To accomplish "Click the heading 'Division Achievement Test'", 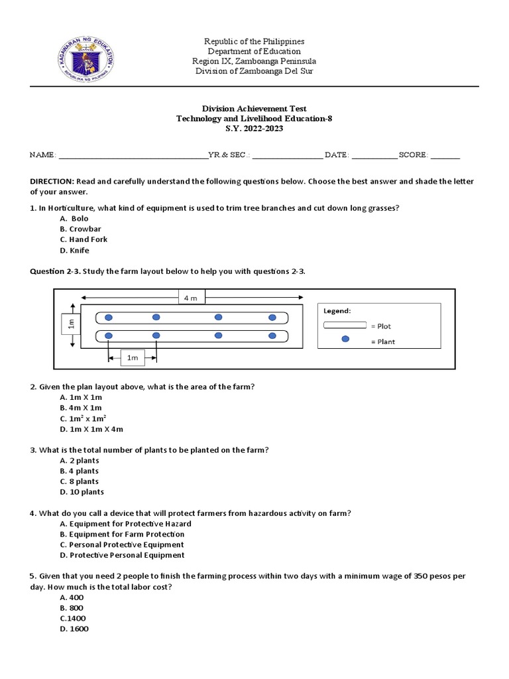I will pyautogui.click(x=254, y=108).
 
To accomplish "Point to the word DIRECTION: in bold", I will pyautogui.click(x=52, y=181).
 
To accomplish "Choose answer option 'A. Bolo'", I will pyautogui.click(x=74, y=218).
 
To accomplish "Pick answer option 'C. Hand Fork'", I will pyautogui.click(x=83, y=239).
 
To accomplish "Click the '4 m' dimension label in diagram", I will pyautogui.click(x=190, y=298).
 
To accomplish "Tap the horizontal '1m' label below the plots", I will pyautogui.click(x=132, y=358).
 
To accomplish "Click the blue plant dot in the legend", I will pyautogui.click(x=345, y=340).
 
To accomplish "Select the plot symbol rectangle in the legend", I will pyautogui.click(x=345, y=325).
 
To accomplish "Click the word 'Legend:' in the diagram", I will pyautogui.click(x=337, y=310).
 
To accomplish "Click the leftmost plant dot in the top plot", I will pyautogui.click(x=109, y=318).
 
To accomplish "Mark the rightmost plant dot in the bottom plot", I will pyautogui.click(x=272, y=336).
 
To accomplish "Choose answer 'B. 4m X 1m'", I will pyautogui.click(x=81, y=407).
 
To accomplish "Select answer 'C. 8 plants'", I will pyautogui.click(x=79, y=481).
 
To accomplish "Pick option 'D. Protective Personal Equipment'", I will pyautogui.click(x=122, y=555).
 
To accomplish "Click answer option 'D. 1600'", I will pyautogui.click(x=74, y=629).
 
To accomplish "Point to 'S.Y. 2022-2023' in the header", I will pyautogui.click(x=254, y=129).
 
